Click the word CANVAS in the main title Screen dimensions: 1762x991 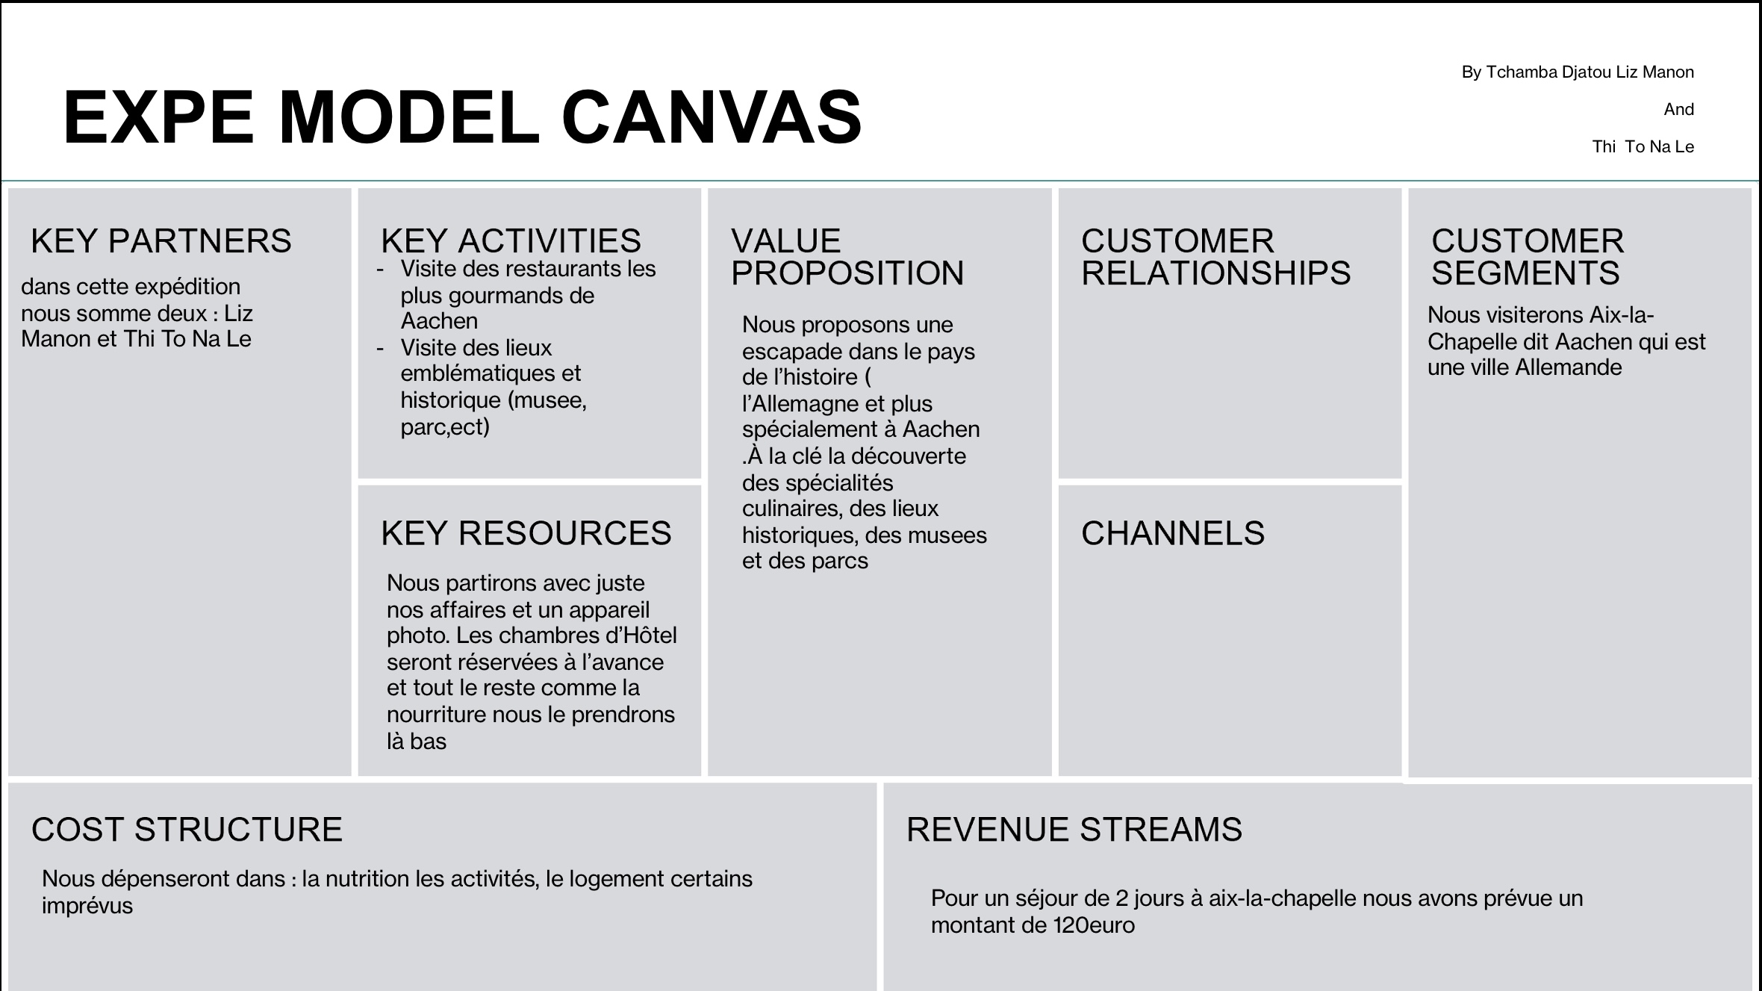(712, 117)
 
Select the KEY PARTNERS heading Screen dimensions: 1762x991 (161, 241)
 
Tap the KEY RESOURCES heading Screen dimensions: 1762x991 (526, 533)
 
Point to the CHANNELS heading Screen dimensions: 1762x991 (1173, 533)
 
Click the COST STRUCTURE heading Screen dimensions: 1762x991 (187, 830)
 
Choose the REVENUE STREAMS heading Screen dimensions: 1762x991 (1074, 830)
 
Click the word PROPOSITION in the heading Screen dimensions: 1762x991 (847, 273)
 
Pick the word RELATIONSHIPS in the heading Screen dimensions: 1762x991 (1216, 273)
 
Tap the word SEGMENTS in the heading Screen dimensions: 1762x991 (1525, 273)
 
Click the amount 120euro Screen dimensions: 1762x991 (1094, 925)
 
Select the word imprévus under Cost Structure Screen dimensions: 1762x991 (87, 907)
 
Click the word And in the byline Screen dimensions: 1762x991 (1679, 110)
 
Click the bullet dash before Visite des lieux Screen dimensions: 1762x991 (381, 349)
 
